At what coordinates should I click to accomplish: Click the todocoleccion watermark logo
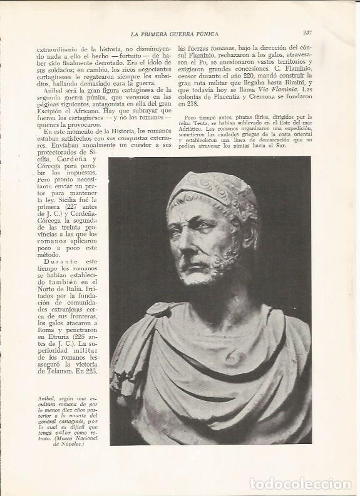[x=300, y=483]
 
